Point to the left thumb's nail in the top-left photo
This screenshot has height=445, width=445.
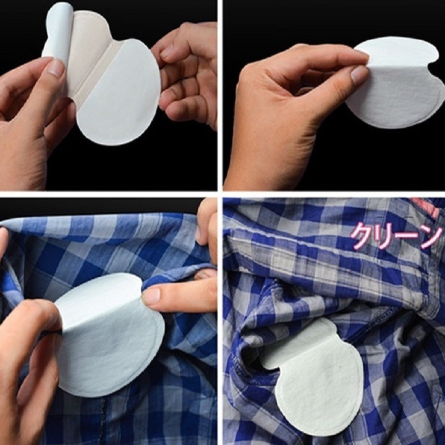pyautogui.click(x=56, y=67)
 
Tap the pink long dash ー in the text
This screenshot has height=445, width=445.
pyautogui.click(x=408, y=238)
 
